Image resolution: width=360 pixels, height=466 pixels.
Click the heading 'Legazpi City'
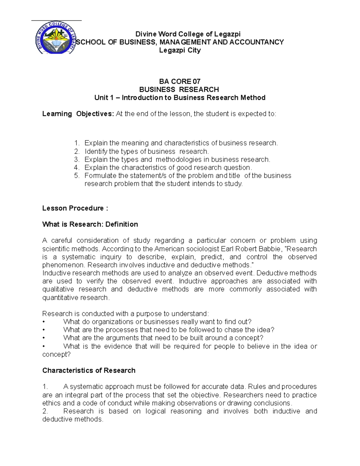180,50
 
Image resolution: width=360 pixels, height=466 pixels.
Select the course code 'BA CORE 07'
180,81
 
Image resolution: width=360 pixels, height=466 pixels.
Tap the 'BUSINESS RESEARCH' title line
179,89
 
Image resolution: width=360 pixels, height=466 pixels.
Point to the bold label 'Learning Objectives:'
78,114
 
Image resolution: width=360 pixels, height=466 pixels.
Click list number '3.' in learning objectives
77,159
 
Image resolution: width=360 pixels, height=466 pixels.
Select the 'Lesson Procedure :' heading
75,208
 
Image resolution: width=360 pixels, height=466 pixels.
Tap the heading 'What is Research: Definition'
90,224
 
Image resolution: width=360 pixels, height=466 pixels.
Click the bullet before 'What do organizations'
44,322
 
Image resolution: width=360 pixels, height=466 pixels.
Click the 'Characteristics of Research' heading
89,370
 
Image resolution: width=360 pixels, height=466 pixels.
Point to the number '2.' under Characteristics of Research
45,411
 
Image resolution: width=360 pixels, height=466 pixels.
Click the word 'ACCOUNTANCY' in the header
256,42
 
